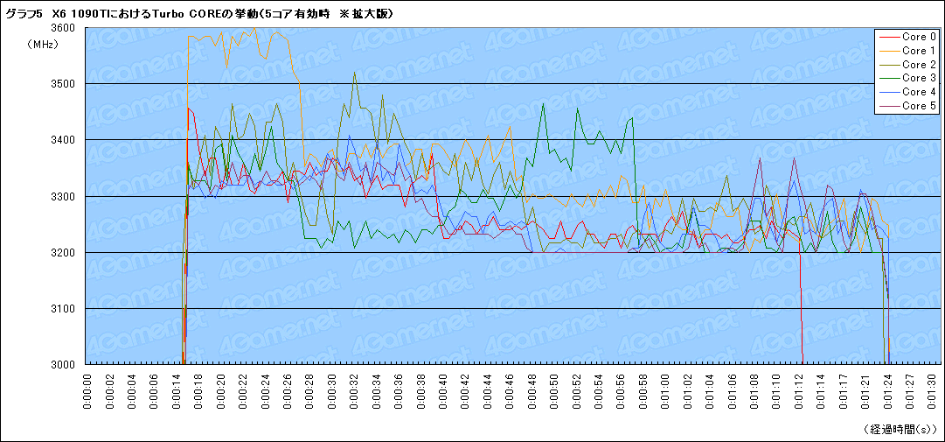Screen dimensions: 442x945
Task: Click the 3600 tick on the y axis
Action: (63, 28)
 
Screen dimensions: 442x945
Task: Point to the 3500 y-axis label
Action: (63, 84)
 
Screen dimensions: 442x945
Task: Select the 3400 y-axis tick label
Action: (63, 140)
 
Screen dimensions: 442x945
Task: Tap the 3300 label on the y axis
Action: (63, 196)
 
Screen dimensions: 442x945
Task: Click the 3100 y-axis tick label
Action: (63, 309)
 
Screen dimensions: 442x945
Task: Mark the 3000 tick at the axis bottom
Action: (63, 364)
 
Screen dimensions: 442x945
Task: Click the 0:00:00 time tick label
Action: (87, 390)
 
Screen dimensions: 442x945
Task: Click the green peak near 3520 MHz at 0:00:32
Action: (354, 74)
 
